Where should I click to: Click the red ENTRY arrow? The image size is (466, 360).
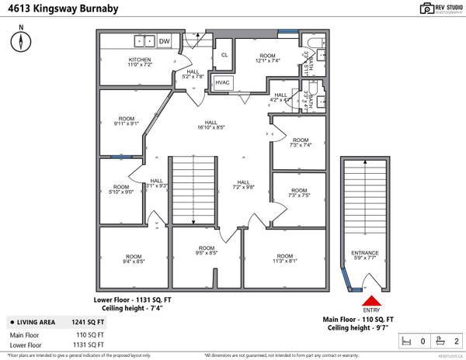click(x=372, y=302)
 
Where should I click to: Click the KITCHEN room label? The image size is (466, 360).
click(x=140, y=63)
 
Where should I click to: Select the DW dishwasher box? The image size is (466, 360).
click(x=165, y=40)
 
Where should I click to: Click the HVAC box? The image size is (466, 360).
click(x=223, y=81)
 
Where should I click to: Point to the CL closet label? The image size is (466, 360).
click(x=224, y=54)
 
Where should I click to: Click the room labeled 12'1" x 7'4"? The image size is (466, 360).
click(x=267, y=58)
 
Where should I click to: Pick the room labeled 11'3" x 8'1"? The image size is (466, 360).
click(x=284, y=260)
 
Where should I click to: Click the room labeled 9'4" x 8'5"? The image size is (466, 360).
click(x=134, y=260)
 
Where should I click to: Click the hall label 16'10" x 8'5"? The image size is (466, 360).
click(x=210, y=125)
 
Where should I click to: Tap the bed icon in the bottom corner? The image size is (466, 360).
click(x=405, y=341)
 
